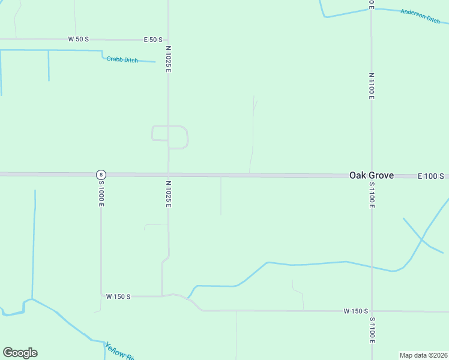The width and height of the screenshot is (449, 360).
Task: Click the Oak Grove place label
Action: (x=372, y=175)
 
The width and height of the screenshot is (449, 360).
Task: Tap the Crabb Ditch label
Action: (x=122, y=59)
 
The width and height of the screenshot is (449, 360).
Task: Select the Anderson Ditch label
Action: (x=420, y=16)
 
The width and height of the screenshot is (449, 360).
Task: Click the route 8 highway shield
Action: (x=101, y=174)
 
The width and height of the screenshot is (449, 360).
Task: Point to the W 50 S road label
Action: (x=78, y=39)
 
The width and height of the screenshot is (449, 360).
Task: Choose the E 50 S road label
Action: (x=153, y=40)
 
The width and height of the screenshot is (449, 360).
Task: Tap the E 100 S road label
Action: (x=430, y=176)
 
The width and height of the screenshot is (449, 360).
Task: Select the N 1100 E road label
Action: (x=372, y=84)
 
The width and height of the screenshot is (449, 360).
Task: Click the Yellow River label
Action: (x=119, y=352)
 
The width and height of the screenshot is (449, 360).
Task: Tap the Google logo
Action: (x=20, y=353)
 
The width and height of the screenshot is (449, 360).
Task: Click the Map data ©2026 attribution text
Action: (x=423, y=355)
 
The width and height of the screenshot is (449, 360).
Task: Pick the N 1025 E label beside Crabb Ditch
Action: (x=169, y=59)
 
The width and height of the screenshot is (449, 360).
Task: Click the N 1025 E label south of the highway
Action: (x=169, y=194)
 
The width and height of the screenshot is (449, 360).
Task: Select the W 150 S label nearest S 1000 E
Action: (x=118, y=296)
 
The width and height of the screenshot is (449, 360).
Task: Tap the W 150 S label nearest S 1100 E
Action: (x=355, y=311)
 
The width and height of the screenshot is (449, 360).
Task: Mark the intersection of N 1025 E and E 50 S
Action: (x=168, y=40)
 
